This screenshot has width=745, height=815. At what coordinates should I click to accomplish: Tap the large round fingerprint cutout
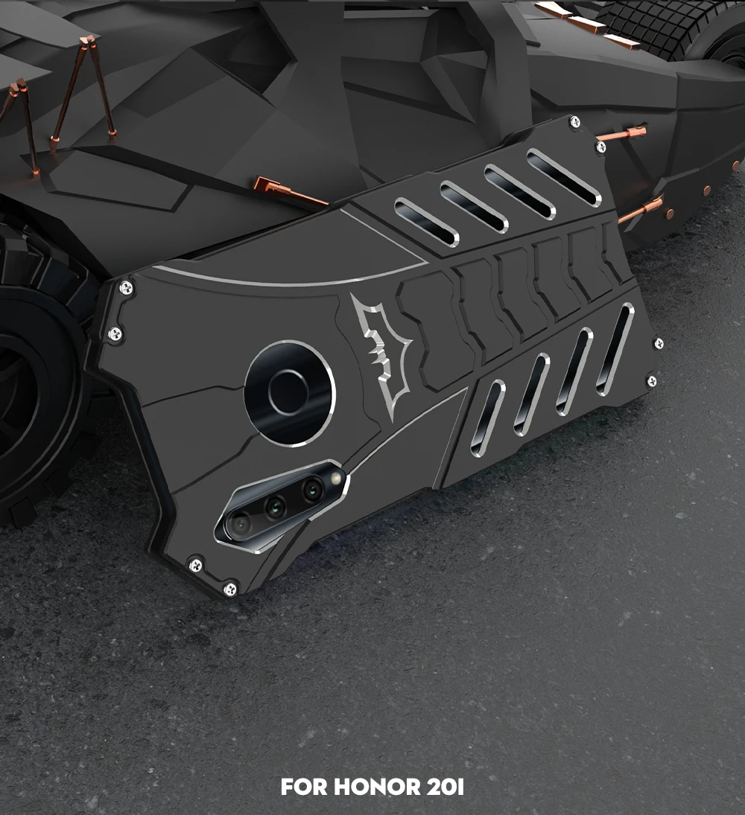point(290,394)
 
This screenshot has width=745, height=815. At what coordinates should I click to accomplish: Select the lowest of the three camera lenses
point(241,524)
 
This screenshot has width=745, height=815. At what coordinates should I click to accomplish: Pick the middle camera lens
point(276,505)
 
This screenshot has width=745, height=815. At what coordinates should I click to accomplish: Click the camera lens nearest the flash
point(313,489)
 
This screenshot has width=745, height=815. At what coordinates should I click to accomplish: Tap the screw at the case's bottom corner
point(229,589)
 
